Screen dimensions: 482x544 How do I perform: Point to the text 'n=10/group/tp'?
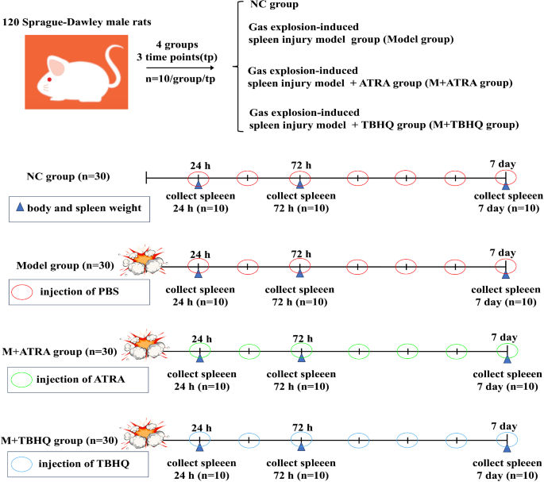179,80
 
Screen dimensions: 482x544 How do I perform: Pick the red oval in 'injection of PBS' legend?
22,291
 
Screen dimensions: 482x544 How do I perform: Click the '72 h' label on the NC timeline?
300,164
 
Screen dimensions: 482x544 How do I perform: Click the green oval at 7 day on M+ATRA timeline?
507,350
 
